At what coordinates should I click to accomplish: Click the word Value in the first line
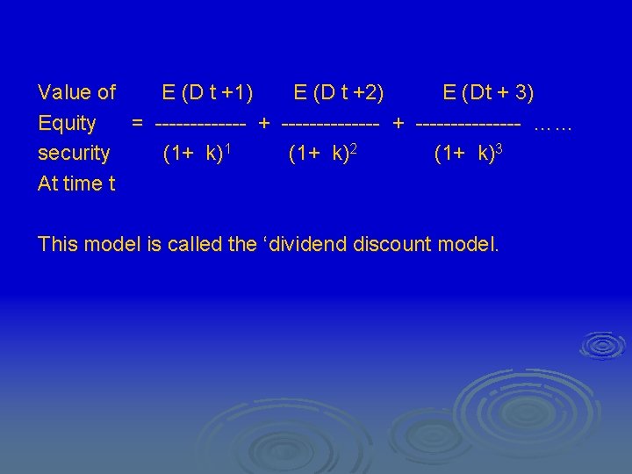[x=65, y=92]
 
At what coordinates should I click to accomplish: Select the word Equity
[x=67, y=123]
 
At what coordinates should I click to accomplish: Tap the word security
[x=74, y=154]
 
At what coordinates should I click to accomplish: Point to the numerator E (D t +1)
[x=208, y=92]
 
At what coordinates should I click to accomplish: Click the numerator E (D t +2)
[x=338, y=92]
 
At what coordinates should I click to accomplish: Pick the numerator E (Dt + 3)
[x=488, y=92]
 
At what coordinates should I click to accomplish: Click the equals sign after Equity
[x=138, y=123]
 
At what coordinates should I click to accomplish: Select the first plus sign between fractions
[x=264, y=123]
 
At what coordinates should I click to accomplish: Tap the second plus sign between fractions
[x=399, y=123]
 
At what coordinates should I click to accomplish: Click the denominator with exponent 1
[x=197, y=154]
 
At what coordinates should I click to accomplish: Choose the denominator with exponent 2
[x=321, y=154]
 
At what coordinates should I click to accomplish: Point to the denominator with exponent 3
[x=468, y=154]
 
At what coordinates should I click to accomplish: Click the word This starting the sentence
[x=60, y=243]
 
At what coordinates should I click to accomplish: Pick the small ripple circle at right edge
[x=603, y=346]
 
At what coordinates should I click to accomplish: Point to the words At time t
[x=76, y=183]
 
